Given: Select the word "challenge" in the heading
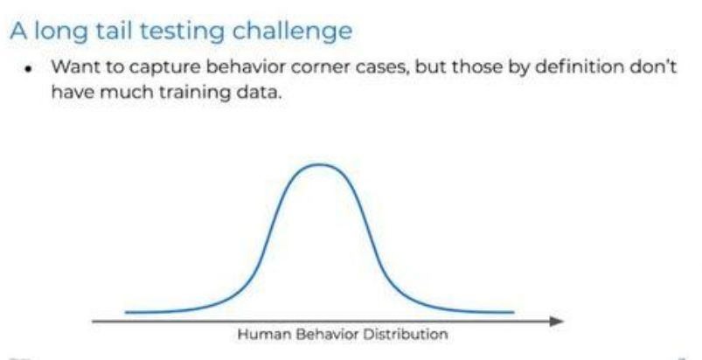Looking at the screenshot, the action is tap(293, 32).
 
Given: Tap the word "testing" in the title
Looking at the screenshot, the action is tap(185, 32).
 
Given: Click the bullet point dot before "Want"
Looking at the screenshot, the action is tap(29, 70).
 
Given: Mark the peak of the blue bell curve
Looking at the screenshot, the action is tap(320, 164).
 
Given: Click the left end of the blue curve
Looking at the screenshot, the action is tap(126, 312).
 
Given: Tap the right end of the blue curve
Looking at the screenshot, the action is tap(513, 312).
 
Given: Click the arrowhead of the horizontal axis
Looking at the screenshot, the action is tap(557, 321).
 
